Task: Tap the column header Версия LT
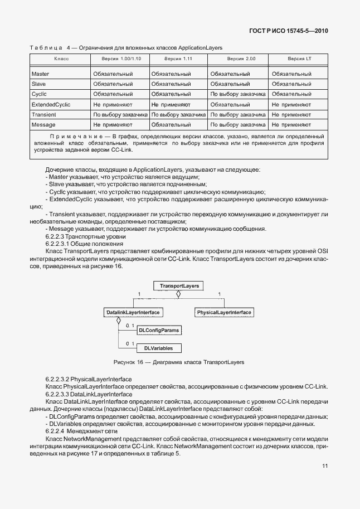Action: pyautogui.click(x=299, y=58)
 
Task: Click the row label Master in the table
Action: pyautogui.click(x=40, y=74)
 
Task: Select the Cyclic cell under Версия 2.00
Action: pyautogui.click(x=237, y=94)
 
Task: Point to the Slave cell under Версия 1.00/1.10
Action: pyautogui.click(x=113, y=84)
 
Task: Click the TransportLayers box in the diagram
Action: pyautogui.click(x=176, y=286)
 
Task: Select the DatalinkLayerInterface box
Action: pyautogui.click(x=133, y=313)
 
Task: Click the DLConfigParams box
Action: pyautogui.click(x=162, y=331)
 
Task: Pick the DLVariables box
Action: pyautogui.click(x=159, y=348)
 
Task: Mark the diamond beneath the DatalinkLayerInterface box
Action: pyautogui.click(x=119, y=321)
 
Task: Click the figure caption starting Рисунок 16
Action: pyautogui.click(x=178, y=362)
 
